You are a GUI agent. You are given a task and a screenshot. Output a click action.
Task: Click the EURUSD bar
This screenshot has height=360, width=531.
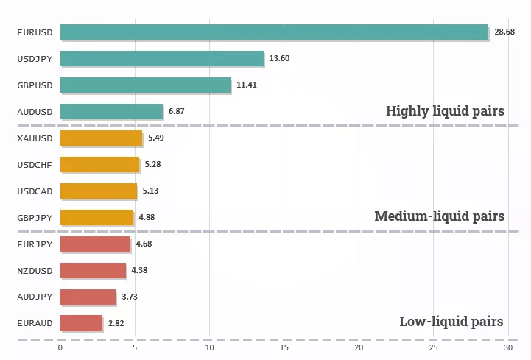click(x=274, y=32)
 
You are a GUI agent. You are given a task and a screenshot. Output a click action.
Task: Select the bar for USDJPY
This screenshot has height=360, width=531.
click(x=162, y=59)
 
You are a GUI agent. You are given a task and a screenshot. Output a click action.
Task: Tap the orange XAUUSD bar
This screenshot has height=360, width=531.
click(x=101, y=138)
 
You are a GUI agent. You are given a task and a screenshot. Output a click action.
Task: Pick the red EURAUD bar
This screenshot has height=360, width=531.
click(x=81, y=323)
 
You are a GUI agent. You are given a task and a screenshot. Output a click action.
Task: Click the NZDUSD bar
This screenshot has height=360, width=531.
click(x=93, y=271)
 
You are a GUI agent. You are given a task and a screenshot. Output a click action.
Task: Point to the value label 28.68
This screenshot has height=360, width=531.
click(x=504, y=32)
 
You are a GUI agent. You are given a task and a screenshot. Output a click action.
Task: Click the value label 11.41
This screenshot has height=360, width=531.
click(x=247, y=85)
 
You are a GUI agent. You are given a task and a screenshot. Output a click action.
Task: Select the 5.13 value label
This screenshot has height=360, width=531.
click(x=150, y=191)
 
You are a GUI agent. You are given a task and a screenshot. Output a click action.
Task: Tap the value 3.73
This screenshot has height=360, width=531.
click(x=129, y=297)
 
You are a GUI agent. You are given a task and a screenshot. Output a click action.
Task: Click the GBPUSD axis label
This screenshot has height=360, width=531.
click(x=35, y=85)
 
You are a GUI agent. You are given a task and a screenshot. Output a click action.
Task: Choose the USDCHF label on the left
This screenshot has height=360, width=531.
click(x=35, y=165)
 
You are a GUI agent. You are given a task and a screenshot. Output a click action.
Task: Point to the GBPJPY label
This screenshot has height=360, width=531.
click(x=35, y=218)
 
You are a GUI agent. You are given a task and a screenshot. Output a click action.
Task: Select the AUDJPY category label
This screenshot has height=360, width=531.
click(x=35, y=297)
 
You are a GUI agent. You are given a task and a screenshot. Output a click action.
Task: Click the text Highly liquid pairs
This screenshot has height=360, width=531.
click(x=445, y=111)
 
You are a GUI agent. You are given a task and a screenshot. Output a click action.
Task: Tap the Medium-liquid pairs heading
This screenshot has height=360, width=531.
click(x=439, y=216)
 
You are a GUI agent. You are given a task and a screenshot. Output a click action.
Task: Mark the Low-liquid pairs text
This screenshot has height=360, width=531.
click(x=451, y=322)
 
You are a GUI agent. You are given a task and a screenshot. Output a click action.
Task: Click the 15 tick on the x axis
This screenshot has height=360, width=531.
click(x=284, y=348)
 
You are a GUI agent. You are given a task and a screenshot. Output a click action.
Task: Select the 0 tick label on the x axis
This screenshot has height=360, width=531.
click(x=60, y=348)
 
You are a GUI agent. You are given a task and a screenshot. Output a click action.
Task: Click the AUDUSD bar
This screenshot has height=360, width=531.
click(x=111, y=112)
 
